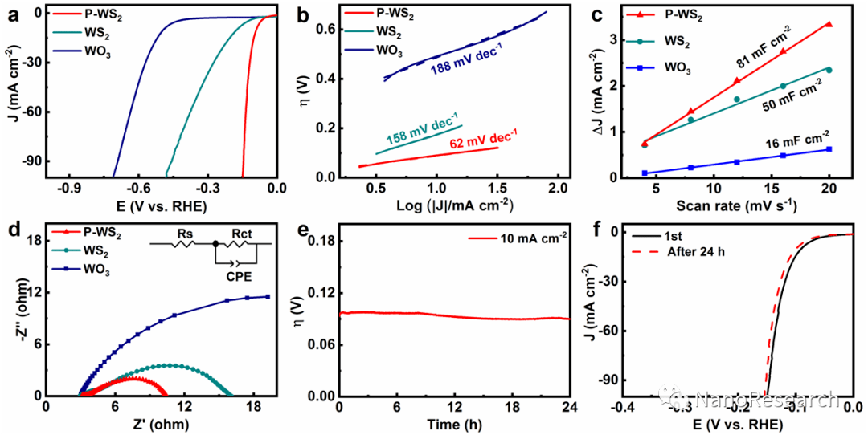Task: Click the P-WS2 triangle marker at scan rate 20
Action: (829, 24)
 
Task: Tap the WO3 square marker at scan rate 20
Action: (829, 149)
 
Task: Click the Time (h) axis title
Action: (453, 424)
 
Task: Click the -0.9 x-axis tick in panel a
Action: (68, 190)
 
